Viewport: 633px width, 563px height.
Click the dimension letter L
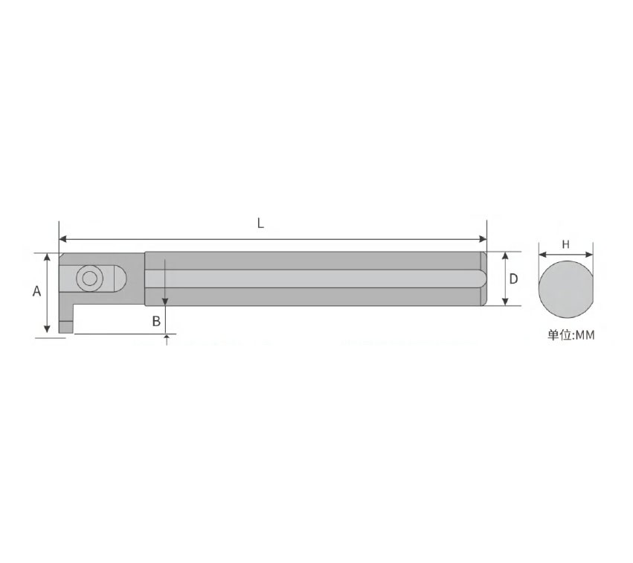(261, 223)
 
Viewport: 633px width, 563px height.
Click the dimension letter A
(36, 291)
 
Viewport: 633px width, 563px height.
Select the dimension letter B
(156, 321)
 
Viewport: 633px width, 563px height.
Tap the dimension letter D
(513, 279)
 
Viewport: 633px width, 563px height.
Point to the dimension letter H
(565, 244)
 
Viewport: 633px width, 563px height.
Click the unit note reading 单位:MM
(571, 335)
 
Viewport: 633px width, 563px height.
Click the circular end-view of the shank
(566, 288)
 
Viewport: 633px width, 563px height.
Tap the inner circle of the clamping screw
(89, 278)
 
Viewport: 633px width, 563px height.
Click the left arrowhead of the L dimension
(63, 239)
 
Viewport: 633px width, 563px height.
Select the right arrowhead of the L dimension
(483, 239)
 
